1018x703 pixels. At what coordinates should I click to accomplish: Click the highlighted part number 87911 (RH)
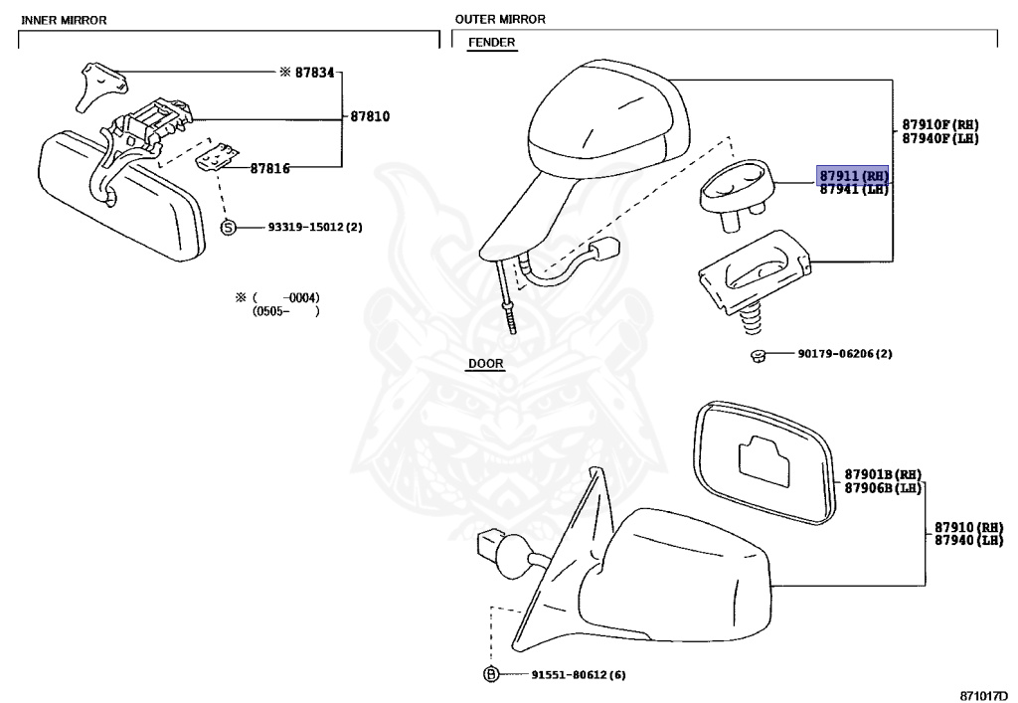[x=853, y=176]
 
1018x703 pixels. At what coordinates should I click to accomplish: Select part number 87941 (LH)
[x=853, y=190]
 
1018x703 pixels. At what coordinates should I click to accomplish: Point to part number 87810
[x=370, y=116]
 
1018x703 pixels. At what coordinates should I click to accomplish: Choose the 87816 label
[x=269, y=168]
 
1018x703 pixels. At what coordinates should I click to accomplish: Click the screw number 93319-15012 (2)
[x=315, y=227]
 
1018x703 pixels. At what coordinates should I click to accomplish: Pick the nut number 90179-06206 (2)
[x=844, y=353]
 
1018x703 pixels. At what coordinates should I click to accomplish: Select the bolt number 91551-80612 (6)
[x=565, y=674]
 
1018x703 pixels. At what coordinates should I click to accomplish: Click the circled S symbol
[x=228, y=228]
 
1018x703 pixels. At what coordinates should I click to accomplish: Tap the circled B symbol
[x=489, y=674]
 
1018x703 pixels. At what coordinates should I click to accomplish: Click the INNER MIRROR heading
[x=64, y=20]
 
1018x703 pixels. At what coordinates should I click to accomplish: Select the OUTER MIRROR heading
[x=500, y=19]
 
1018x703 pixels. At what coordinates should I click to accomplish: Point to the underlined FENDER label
[x=491, y=43]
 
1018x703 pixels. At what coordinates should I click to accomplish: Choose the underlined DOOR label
[x=485, y=364]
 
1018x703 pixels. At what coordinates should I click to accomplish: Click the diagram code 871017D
[x=987, y=690]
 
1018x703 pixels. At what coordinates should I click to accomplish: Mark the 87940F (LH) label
[x=939, y=138]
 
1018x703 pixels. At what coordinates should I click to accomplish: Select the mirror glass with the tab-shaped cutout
[x=762, y=463]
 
